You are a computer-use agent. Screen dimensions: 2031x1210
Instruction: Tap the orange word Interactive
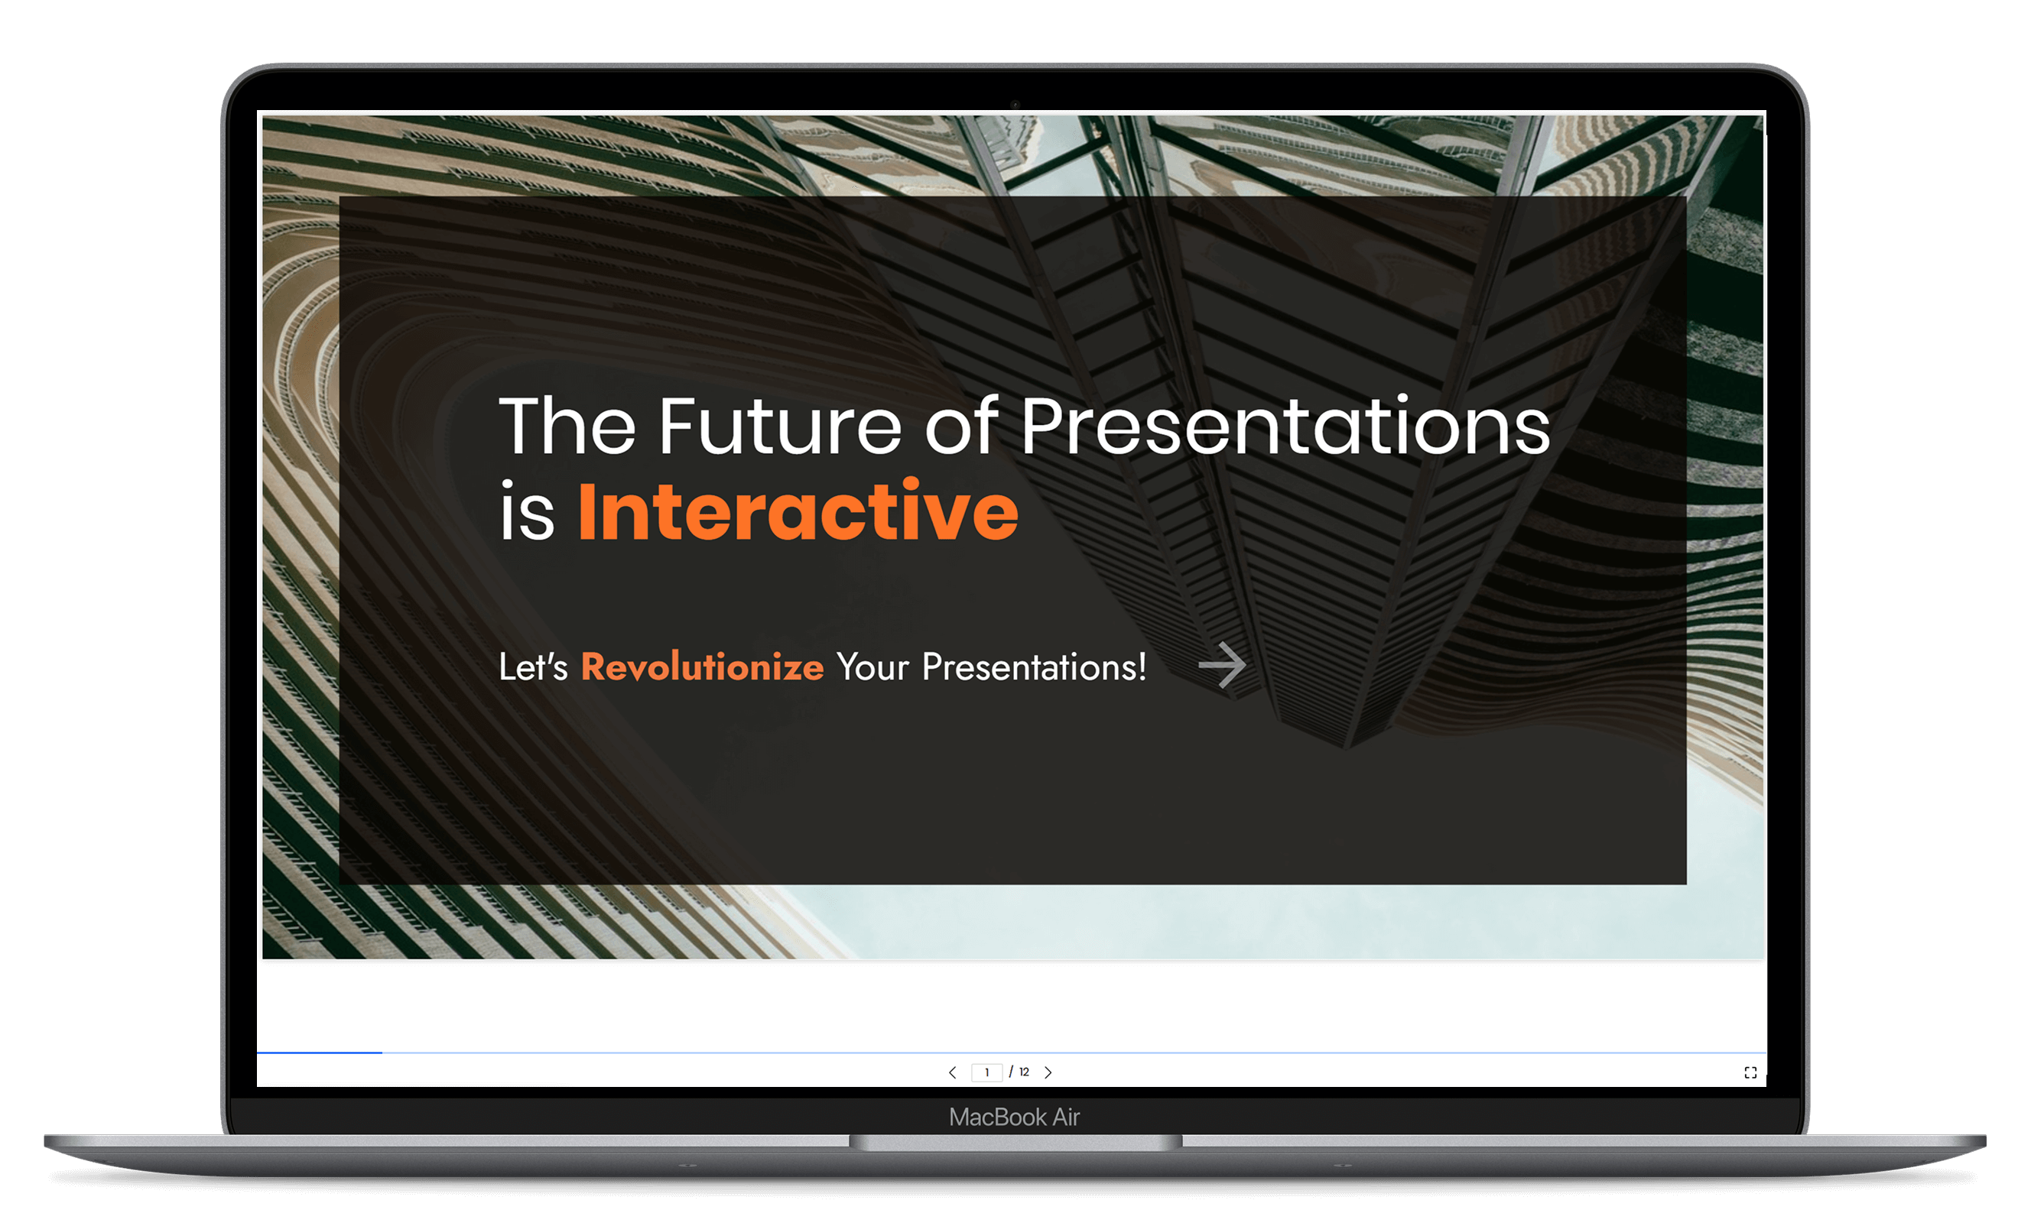[x=798, y=511]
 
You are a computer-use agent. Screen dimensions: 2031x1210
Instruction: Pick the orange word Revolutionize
[x=702, y=667]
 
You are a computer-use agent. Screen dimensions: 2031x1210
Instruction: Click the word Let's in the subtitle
[x=534, y=667]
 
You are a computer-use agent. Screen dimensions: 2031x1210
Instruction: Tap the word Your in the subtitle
[x=873, y=667]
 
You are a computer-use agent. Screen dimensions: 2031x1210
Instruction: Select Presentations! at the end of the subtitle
[x=1035, y=667]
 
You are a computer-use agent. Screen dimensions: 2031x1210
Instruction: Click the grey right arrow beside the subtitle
[x=1223, y=665]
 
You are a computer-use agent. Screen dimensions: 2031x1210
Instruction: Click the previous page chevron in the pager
[x=953, y=1072]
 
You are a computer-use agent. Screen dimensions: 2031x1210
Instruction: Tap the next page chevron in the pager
[x=1049, y=1072]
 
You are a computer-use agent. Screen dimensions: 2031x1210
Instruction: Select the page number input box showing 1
[x=987, y=1072]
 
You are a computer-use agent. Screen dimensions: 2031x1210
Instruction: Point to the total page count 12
[x=1025, y=1072]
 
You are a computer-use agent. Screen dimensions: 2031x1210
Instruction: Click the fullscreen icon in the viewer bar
[x=1750, y=1072]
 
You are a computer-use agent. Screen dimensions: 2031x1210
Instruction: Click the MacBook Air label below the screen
[x=1015, y=1117]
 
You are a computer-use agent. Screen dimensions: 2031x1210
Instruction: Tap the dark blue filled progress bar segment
[x=320, y=1053]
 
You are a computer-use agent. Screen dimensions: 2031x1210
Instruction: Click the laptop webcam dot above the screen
[x=1015, y=105]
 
